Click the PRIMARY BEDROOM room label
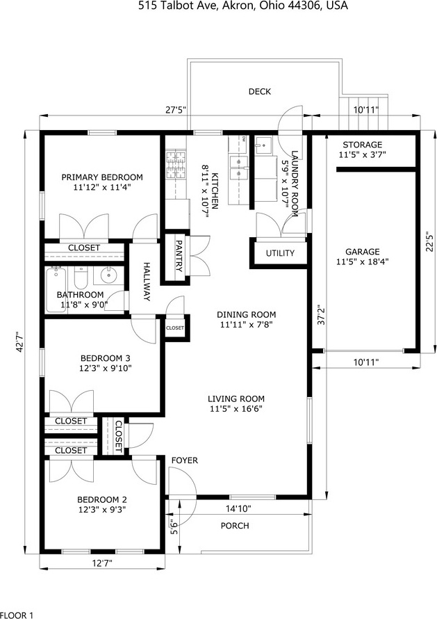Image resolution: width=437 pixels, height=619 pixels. [102, 177]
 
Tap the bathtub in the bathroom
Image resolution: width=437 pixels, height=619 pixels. [56, 289]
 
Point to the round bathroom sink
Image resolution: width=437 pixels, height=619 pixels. [108, 275]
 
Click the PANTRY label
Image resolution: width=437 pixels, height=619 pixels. [179, 256]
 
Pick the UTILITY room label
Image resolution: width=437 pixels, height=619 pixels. [280, 253]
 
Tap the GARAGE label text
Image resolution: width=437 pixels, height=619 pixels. [363, 252]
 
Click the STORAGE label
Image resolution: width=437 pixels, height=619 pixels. [362, 145]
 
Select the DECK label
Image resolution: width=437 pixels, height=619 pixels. [260, 92]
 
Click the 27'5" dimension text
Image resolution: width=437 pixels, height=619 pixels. [175, 110]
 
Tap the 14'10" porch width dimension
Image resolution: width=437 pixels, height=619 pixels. [238, 508]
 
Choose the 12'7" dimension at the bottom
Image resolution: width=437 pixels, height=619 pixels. [102, 563]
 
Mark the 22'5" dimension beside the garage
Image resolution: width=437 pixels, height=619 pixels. [430, 241]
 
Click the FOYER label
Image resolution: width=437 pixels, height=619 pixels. [185, 460]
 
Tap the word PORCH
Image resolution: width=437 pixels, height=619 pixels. [235, 526]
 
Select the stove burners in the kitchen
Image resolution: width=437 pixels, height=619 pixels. [176, 165]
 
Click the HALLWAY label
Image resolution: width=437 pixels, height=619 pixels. [147, 282]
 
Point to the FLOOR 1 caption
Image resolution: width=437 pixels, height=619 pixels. [17, 615]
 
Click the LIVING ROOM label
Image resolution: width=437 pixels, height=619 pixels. [236, 399]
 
